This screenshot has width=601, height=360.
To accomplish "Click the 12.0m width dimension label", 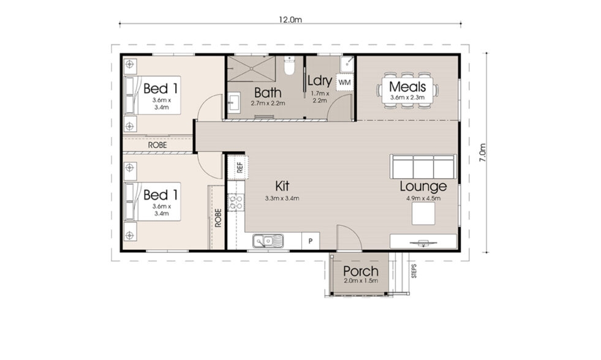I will point(290,19).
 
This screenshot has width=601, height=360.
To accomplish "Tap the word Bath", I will point(268,93).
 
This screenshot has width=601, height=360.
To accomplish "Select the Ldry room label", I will point(319,80).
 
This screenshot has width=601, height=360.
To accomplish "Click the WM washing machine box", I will point(345,81).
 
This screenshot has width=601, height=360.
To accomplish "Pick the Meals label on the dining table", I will point(407,86).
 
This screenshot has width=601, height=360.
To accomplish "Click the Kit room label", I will point(281,186).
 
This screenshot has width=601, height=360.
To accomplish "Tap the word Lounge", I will point(423,186).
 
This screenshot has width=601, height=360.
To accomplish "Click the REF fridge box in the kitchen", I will point(238,166).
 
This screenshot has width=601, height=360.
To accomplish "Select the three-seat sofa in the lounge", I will point(423,166).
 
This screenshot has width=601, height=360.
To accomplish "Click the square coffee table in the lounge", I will point(423,214).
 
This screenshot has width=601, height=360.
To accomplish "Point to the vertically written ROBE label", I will point(217,219).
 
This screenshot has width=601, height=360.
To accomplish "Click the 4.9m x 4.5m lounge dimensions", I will point(423,198).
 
